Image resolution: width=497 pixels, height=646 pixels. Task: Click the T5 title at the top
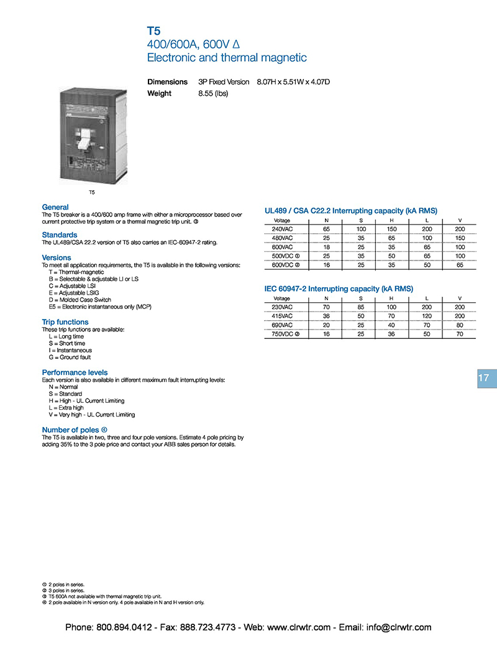pos(153,30)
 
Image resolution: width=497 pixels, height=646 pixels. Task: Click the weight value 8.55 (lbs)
pos(213,93)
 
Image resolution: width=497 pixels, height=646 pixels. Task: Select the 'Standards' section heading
pos(60,235)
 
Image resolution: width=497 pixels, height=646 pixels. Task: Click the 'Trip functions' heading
pos(65,322)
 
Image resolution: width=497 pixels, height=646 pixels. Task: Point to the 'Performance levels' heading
pos(75,372)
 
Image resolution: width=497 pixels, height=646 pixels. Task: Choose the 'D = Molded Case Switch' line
pos(80,300)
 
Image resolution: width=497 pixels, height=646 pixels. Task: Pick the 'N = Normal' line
pos(63,387)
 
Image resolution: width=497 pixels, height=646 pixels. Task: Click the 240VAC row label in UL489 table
pos(283,229)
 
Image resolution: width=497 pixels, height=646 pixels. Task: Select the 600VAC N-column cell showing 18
pos(326,247)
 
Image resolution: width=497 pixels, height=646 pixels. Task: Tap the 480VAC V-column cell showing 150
pos(460,238)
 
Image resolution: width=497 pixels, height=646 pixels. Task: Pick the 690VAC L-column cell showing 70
pos(427,325)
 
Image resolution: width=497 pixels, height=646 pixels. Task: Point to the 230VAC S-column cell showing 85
pos(361,307)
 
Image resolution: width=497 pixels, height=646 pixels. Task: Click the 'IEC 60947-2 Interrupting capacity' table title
pos(339,288)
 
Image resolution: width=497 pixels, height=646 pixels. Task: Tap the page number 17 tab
pos(484,378)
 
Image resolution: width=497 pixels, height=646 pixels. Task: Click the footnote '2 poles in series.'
pos(65,584)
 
